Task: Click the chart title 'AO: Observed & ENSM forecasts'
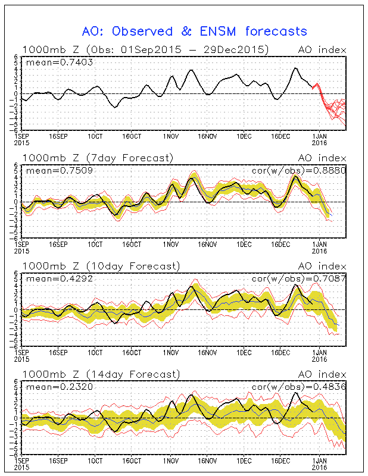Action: pyautogui.click(x=194, y=31)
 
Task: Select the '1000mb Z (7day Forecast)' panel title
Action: pyautogui.click(x=98, y=158)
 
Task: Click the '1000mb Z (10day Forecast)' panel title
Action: pyautogui.click(x=101, y=267)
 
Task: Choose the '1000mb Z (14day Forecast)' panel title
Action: pyautogui.click(x=101, y=375)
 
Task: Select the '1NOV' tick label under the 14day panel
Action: pyautogui.click(x=171, y=461)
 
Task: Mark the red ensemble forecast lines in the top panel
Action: pyautogui.click(x=331, y=107)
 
